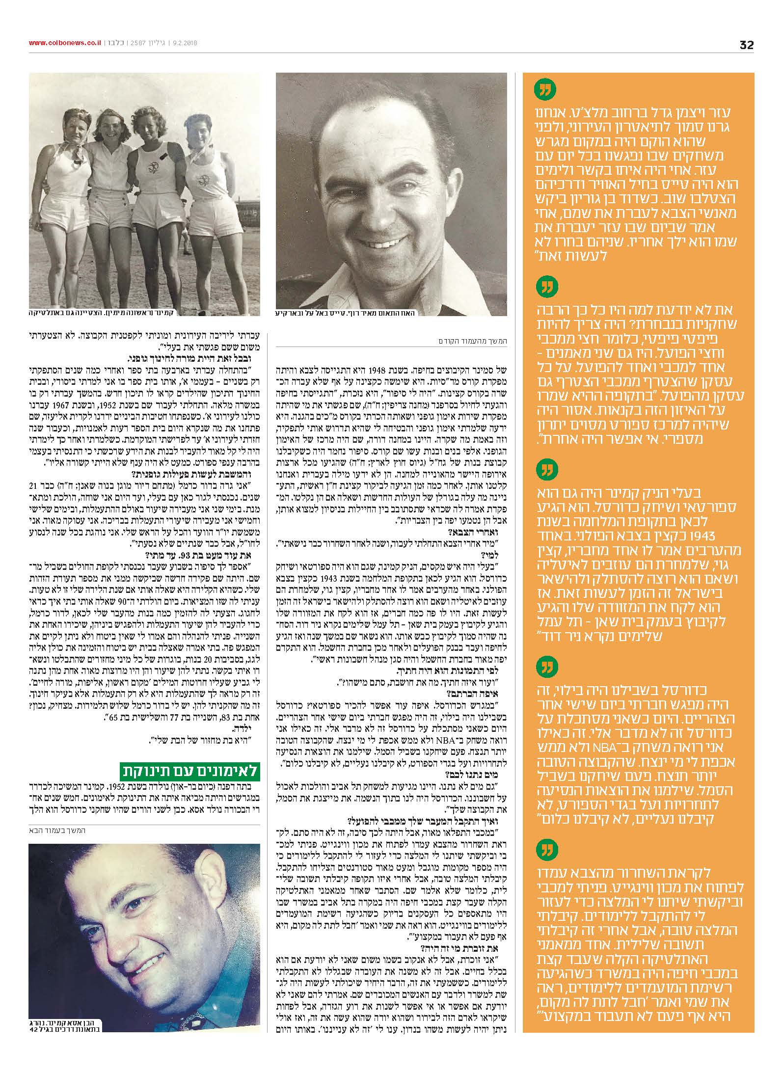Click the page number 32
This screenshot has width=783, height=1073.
tap(746, 45)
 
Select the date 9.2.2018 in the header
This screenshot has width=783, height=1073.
tap(184, 43)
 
